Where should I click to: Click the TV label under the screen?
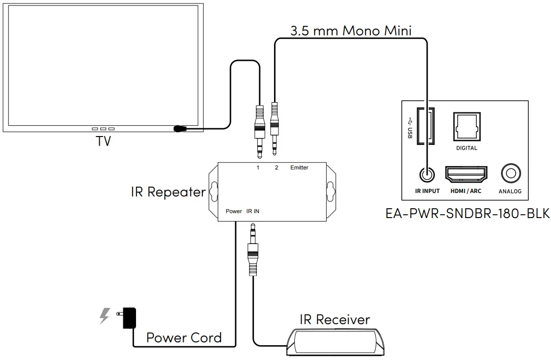tap(103, 141)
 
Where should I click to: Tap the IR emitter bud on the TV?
tap(180, 129)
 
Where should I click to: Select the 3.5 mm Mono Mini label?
tap(351, 30)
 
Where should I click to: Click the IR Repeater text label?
tap(168, 192)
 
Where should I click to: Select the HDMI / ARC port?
tap(466, 174)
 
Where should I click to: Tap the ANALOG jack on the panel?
tap(510, 174)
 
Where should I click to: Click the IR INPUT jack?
tap(425, 174)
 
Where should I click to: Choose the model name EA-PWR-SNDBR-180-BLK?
tap(468, 215)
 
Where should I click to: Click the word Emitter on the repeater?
tap(299, 168)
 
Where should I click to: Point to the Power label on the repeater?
tap(234, 211)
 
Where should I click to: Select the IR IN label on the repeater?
tap(253, 211)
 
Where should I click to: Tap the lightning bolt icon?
tap(104, 316)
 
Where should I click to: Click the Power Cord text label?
tap(184, 338)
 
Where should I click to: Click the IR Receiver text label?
tap(334, 320)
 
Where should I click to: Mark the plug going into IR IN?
tap(253, 250)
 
